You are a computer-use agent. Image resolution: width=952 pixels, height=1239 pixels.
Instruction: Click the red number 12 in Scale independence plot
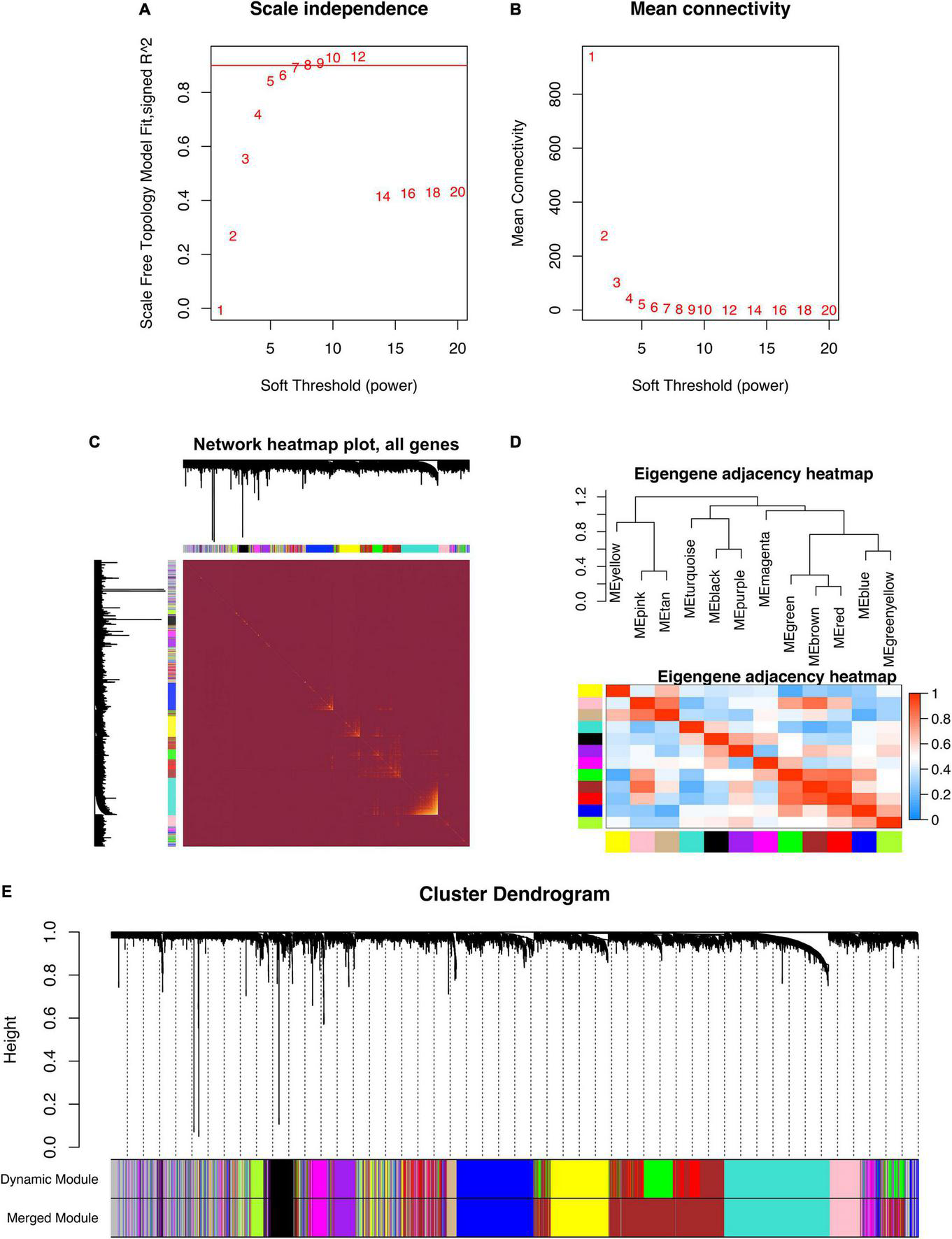(358, 57)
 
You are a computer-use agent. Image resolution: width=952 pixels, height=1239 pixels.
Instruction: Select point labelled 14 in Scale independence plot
(383, 197)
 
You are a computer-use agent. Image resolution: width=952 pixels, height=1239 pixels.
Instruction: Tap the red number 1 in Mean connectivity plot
(591, 57)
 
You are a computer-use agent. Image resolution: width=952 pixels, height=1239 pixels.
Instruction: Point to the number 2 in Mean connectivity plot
(604, 236)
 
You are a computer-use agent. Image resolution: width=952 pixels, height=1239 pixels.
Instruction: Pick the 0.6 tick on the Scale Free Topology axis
(184, 146)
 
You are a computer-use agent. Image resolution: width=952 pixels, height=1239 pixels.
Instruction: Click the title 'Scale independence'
(339, 10)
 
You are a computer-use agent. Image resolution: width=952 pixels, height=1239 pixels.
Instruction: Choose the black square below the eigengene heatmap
(716, 842)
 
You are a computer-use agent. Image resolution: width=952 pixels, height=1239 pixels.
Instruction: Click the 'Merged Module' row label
(52, 1218)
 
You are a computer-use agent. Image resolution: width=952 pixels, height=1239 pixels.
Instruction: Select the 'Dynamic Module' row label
(49, 1180)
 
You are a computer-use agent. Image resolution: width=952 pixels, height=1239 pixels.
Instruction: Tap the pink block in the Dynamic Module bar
(844, 1179)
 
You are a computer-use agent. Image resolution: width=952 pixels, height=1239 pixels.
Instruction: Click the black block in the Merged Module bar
(280, 1218)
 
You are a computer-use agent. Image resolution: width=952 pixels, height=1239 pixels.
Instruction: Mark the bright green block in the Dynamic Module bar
(658, 1179)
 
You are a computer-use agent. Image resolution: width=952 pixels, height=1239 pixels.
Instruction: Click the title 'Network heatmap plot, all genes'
(326, 445)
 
